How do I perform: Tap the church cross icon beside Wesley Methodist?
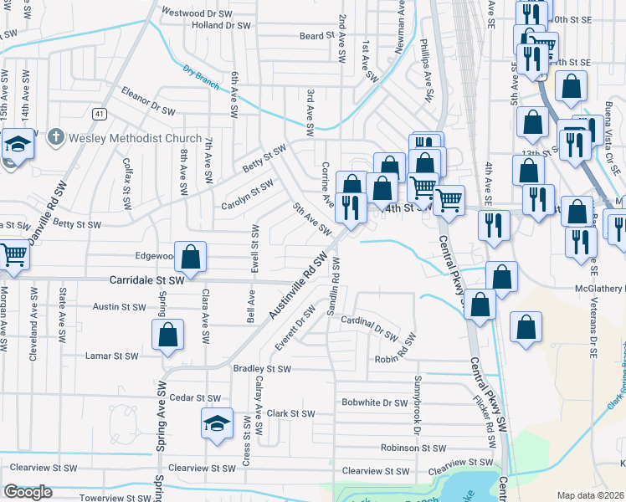[x=56, y=136]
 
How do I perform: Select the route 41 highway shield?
[x=100, y=112]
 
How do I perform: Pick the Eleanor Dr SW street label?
[x=148, y=100]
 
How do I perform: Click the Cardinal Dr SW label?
[x=370, y=329]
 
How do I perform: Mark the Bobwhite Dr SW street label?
[x=374, y=402]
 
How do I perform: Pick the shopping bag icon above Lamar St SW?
[x=167, y=335]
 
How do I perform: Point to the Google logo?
[x=28, y=492]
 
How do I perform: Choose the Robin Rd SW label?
[x=395, y=360]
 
